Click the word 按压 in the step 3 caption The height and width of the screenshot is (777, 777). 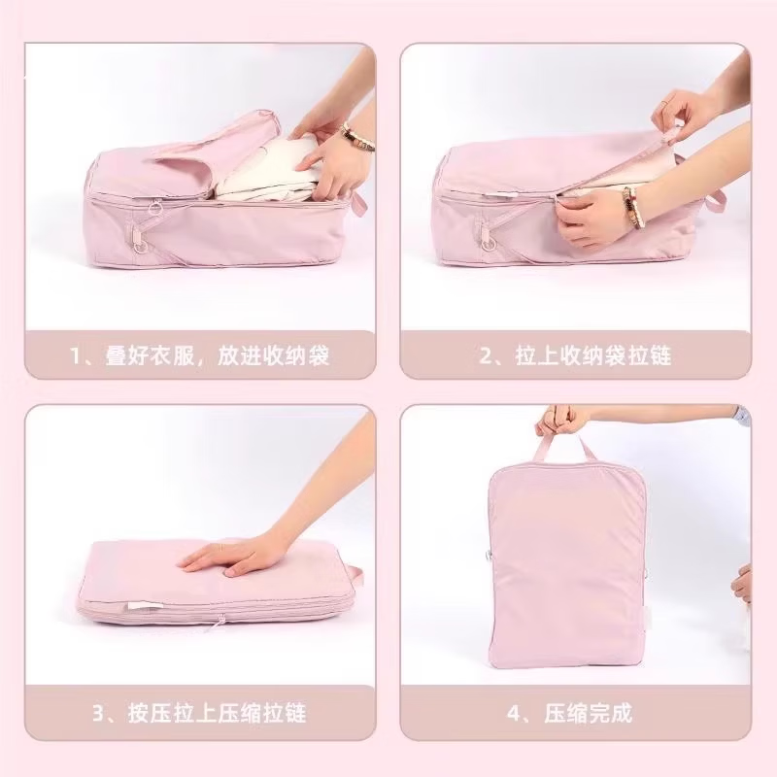point(151,713)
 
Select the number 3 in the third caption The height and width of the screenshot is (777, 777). point(98,713)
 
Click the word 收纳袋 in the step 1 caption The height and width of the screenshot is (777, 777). point(301,355)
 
